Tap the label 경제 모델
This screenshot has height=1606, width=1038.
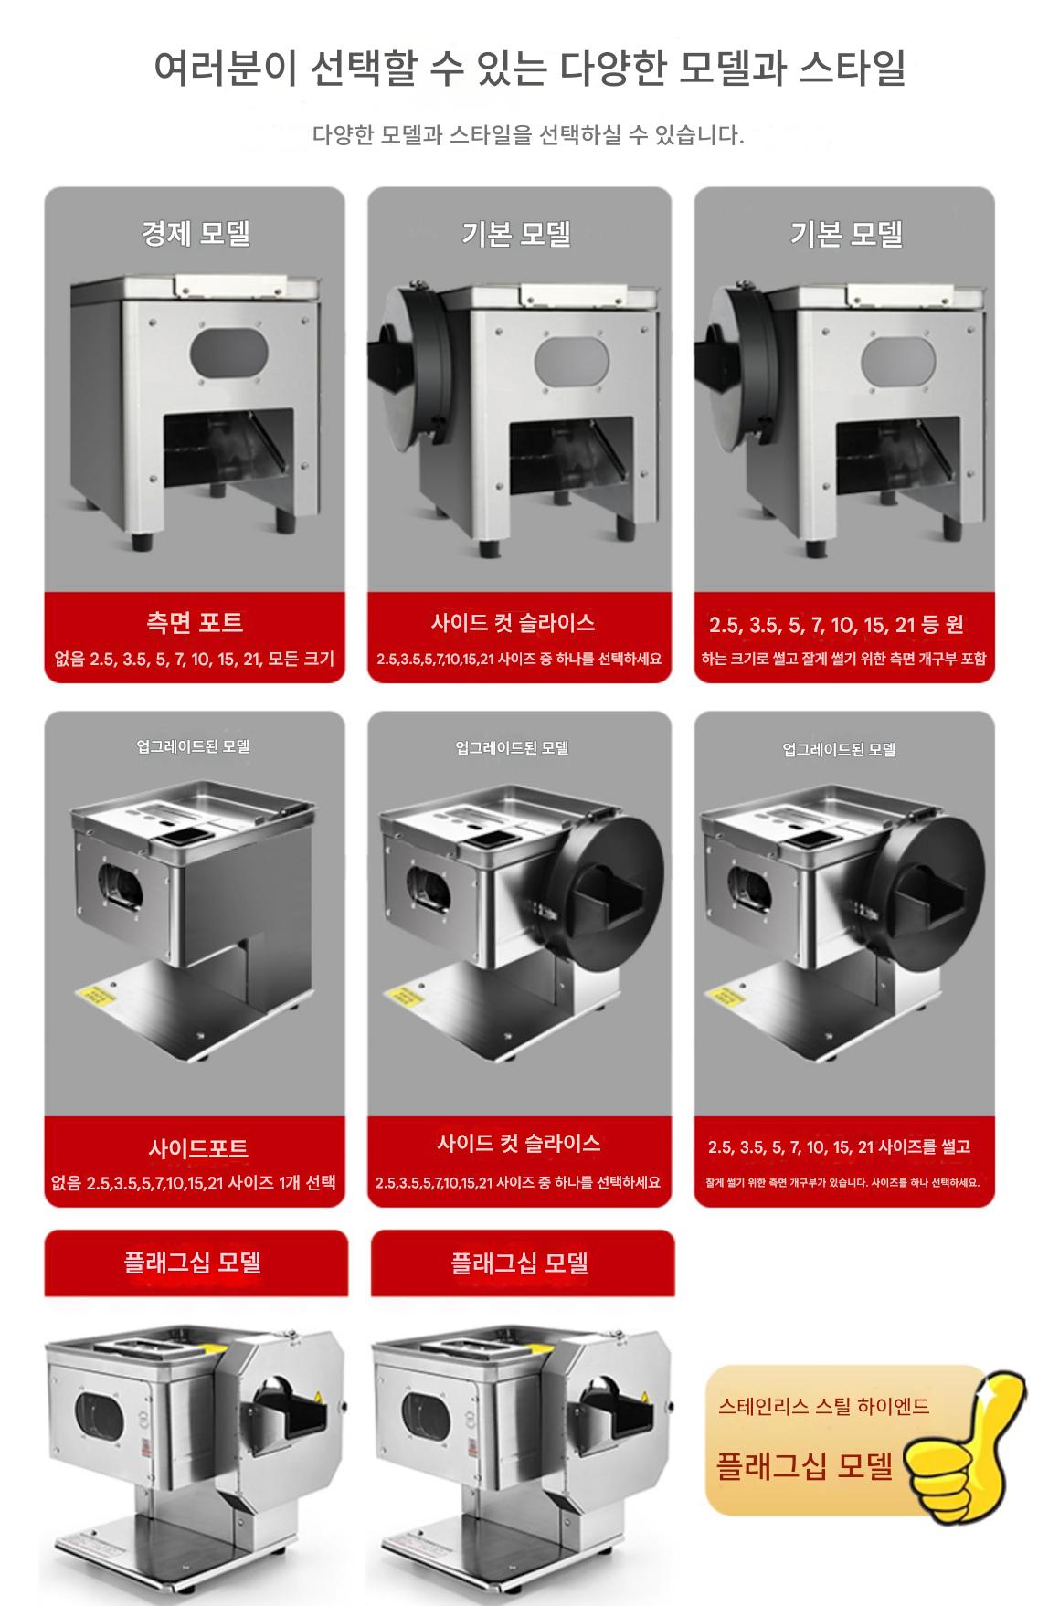(196, 234)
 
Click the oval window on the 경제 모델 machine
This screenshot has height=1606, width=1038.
(228, 354)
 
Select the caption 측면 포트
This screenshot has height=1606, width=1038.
(195, 623)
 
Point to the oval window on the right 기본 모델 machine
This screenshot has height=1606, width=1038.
(899, 365)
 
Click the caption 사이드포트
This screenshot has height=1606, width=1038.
(197, 1148)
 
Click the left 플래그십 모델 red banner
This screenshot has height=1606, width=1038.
(196, 1263)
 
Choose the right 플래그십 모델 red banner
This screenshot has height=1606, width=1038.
(523, 1263)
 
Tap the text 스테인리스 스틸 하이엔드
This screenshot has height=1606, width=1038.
(823, 1406)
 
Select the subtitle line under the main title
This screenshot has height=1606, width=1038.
(528, 136)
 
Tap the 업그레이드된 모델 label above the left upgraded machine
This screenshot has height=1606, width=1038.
(193, 746)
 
